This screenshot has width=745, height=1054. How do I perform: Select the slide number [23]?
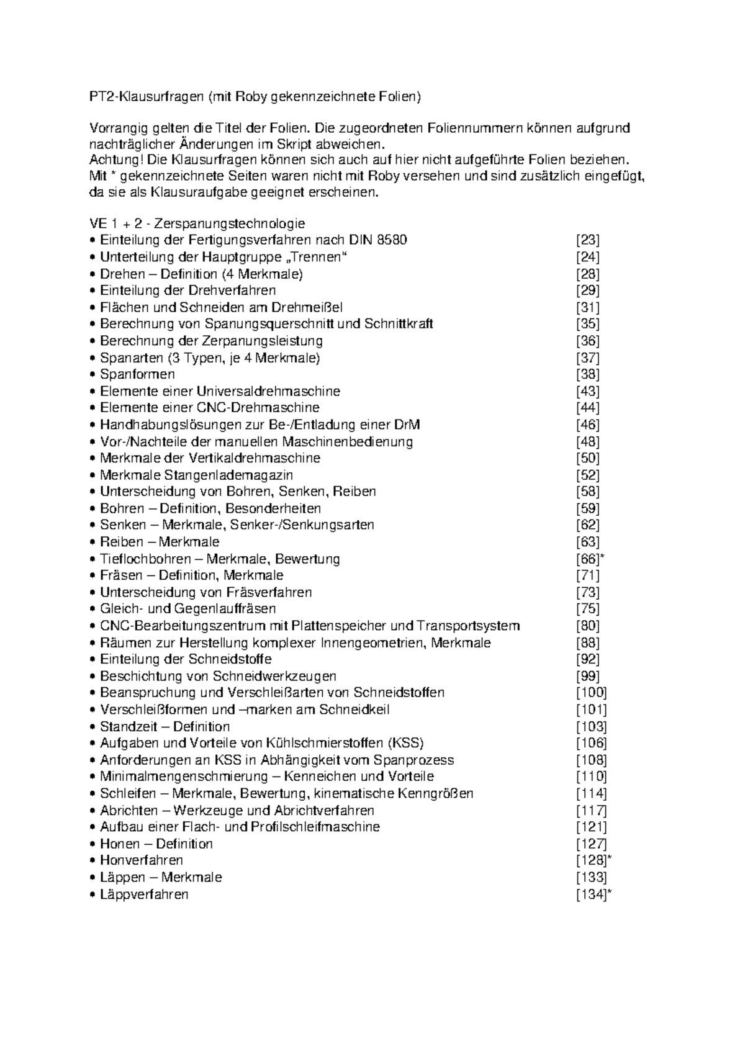tap(587, 240)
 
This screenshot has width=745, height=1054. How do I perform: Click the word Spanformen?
tap(137, 374)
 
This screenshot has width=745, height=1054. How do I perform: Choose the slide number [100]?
tap(591, 693)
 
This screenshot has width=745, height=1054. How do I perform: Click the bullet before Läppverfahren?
tap(93, 894)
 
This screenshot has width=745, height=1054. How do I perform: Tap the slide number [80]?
tap(587, 626)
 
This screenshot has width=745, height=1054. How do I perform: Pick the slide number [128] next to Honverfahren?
tap(590, 860)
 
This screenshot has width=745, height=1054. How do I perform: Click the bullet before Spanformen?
tap(93, 374)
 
